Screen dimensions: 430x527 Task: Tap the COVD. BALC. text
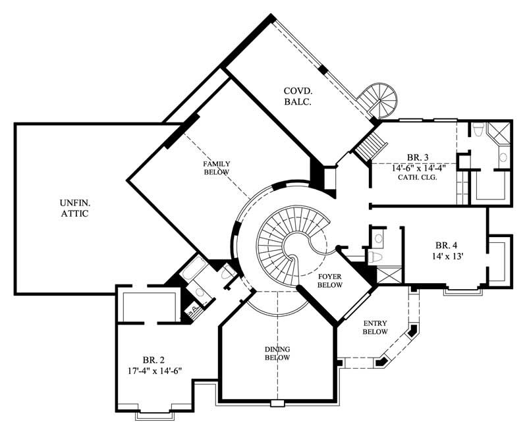(x=297, y=96)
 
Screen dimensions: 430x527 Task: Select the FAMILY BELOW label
(x=216, y=168)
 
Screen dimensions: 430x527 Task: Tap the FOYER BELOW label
(x=329, y=281)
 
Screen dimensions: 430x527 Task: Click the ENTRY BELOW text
(x=375, y=327)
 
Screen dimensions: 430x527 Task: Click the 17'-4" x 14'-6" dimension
(x=153, y=371)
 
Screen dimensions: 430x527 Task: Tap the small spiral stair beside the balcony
(x=381, y=99)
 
